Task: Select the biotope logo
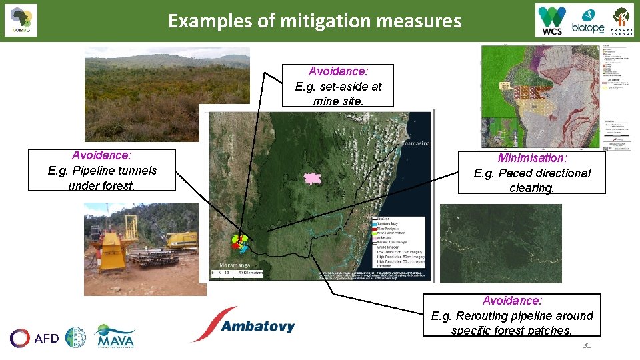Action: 587,21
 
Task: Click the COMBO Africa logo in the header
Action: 21,21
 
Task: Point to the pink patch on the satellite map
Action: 311,178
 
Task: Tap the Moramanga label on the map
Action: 235,265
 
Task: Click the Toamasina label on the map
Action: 415,143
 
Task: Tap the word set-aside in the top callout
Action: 340,86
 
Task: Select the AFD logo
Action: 35,338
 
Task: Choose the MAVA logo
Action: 115,337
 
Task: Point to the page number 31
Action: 587,345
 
